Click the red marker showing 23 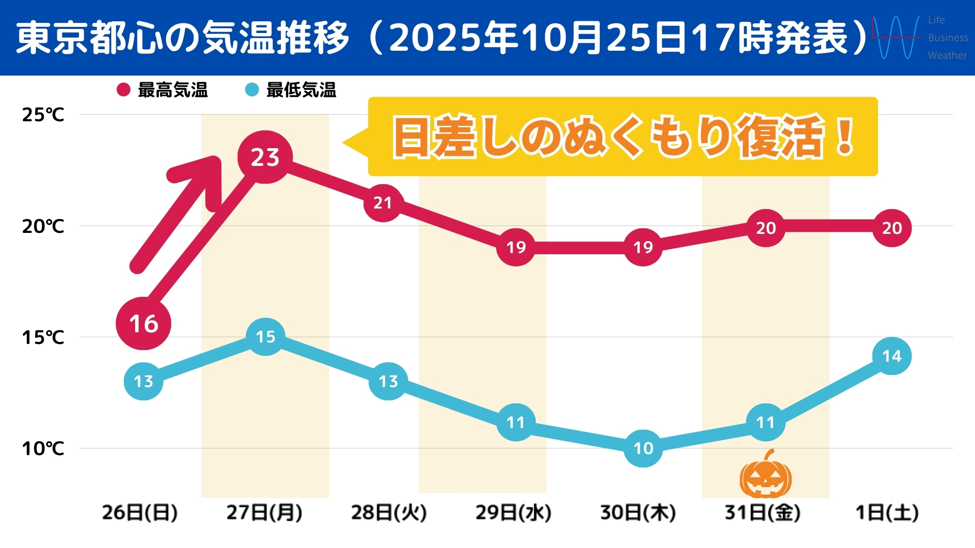click(x=265, y=157)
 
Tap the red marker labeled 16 click(x=144, y=323)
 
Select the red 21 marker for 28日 click(x=383, y=203)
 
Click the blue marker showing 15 click(x=265, y=336)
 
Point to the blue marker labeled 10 click(x=643, y=448)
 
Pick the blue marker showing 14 click(x=892, y=356)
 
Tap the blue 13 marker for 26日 click(x=144, y=381)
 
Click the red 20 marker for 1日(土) click(x=892, y=228)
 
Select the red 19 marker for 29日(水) click(x=516, y=247)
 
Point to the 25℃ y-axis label click(x=43, y=115)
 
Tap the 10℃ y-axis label click(x=43, y=449)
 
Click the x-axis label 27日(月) click(x=264, y=512)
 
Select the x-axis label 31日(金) click(x=762, y=512)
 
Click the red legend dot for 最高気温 click(x=123, y=90)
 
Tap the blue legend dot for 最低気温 click(x=252, y=90)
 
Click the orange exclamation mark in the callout click(x=845, y=137)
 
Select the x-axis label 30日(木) click(x=638, y=512)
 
